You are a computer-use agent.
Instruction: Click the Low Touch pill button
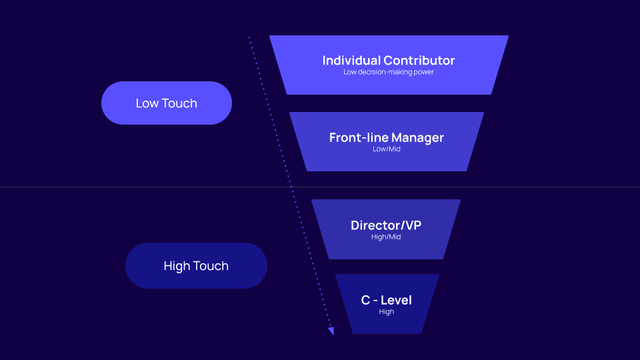166,103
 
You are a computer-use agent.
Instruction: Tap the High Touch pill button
196,266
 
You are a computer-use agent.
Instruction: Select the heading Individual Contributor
389,60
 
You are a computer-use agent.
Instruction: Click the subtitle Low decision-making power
389,72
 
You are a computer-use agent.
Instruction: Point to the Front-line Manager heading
387,138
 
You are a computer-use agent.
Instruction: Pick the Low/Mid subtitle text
387,149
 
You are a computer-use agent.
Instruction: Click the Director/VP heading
386,225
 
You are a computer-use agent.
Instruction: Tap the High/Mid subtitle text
386,237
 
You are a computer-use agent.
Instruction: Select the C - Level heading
387,300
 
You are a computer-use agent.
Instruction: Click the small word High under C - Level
387,312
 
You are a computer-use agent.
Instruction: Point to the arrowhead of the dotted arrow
331,330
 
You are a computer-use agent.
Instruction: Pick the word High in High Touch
177,266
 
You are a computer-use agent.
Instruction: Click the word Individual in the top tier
351,60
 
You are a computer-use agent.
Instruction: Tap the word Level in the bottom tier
397,300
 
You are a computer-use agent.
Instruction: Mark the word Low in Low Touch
147,103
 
